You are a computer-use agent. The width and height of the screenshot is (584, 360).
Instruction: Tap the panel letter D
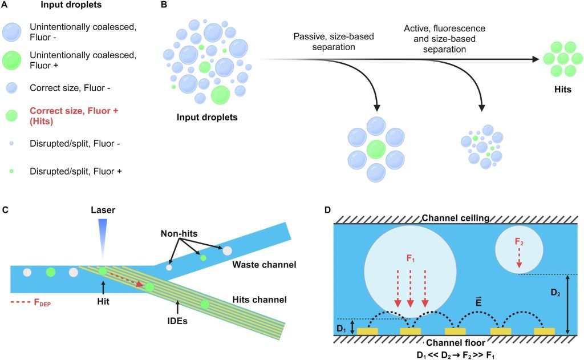click(327, 209)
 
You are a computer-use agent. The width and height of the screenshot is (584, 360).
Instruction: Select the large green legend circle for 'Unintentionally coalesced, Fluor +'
click(14, 59)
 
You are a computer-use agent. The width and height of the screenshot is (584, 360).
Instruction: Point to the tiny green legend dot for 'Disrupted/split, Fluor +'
click(14, 170)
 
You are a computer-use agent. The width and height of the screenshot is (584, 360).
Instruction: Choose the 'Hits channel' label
click(261, 299)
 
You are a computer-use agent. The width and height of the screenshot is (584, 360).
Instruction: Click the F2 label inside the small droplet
click(519, 242)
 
